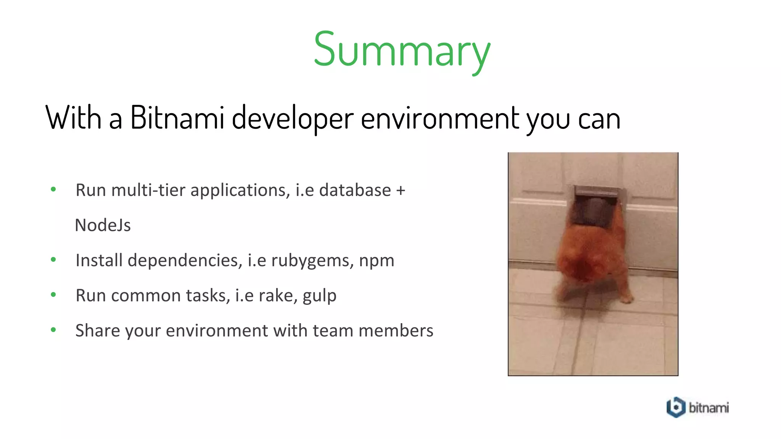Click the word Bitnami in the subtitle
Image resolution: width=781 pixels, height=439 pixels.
177,118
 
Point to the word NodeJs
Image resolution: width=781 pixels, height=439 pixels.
103,225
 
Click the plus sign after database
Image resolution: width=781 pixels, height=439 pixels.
400,190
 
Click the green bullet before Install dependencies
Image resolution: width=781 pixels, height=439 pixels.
53,260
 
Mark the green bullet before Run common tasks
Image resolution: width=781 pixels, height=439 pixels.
53,295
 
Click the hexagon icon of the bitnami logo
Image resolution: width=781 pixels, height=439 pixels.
676,407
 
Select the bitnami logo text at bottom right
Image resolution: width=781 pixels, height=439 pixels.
709,408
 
